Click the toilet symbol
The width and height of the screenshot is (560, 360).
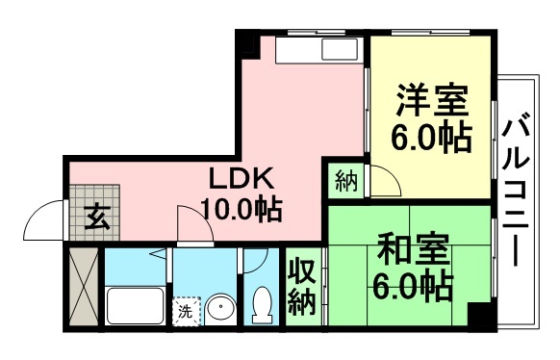(261, 304)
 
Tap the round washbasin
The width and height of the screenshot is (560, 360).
(221, 308)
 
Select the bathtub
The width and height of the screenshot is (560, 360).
(136, 305)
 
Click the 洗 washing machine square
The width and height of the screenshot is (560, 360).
(186, 312)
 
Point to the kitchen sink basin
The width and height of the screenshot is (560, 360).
(340, 49)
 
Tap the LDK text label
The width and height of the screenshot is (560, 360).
(242, 178)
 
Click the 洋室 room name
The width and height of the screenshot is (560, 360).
(432, 100)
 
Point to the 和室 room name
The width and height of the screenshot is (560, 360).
(413, 249)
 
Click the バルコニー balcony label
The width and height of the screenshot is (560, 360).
(516, 193)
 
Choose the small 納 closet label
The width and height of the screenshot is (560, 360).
(346, 180)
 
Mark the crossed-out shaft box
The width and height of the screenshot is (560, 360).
(84, 287)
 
